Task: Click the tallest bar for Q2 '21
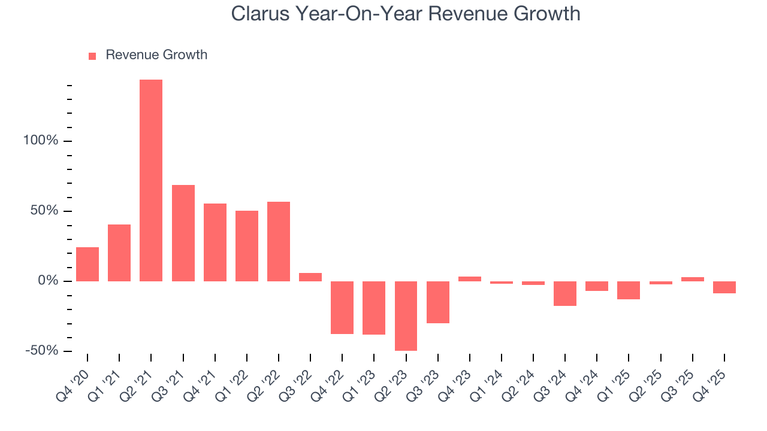151,180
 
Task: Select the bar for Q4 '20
87,264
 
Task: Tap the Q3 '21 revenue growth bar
183,233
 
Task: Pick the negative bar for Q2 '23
406,315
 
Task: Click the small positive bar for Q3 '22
310,277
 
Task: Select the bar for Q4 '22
342,307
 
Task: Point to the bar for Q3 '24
565,293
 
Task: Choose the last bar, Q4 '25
724,287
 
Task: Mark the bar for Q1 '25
629,290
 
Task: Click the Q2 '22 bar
279,241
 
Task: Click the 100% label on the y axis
41,141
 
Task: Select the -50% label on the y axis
41,350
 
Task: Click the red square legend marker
92,56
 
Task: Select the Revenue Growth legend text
156,55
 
